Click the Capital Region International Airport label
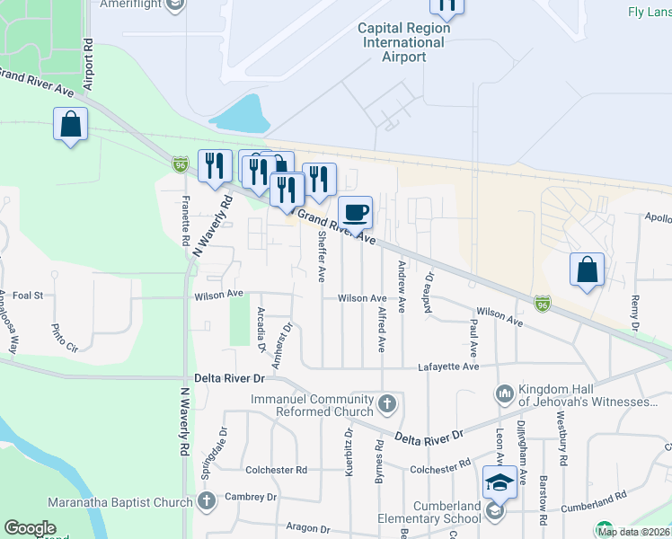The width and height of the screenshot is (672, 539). point(404,42)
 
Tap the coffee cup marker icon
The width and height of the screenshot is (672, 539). point(355,212)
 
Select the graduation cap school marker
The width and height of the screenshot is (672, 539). point(500,483)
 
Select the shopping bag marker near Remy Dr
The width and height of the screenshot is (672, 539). point(587,269)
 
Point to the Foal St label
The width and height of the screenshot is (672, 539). point(27,294)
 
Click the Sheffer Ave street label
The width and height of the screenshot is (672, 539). point(321,255)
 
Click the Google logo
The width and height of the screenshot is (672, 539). point(30,528)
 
